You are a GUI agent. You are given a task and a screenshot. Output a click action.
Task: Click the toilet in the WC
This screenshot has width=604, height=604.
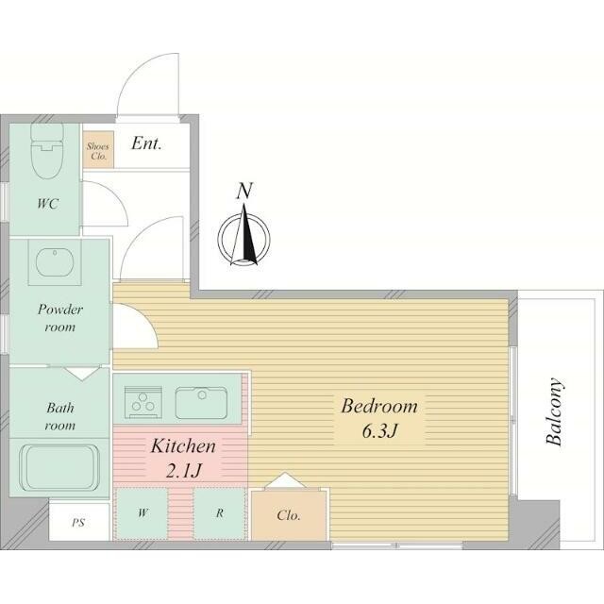(x=46, y=150)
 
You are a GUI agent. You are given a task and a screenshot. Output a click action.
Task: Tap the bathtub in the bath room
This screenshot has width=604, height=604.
(x=59, y=468)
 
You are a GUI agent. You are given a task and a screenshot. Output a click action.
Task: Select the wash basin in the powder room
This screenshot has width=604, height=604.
(x=55, y=262)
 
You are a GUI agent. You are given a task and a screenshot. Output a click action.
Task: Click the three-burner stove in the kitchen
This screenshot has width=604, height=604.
(x=143, y=402)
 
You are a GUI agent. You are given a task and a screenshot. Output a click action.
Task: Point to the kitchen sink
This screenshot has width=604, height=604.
(x=201, y=403)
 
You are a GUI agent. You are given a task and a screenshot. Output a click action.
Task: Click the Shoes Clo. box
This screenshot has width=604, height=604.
(x=98, y=150)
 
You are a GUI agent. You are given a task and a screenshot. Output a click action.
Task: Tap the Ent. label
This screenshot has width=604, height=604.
(x=146, y=143)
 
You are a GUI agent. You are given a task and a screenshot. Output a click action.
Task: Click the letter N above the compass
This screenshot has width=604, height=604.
(x=244, y=191)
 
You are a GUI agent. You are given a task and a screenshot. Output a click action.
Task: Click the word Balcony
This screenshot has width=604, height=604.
(x=554, y=411)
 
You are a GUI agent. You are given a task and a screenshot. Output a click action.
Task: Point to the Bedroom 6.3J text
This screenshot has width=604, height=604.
(x=379, y=418)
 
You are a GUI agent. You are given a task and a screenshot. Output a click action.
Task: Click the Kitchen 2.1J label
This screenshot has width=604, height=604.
(x=183, y=458)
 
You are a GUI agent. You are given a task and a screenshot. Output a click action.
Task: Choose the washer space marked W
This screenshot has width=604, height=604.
(x=143, y=513)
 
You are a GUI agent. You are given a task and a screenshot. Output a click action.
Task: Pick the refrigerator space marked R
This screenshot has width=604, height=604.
(x=220, y=513)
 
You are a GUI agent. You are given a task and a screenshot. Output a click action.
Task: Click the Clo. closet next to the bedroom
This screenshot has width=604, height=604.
(x=289, y=515)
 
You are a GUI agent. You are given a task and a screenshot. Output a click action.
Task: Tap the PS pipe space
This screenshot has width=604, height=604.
(x=79, y=522)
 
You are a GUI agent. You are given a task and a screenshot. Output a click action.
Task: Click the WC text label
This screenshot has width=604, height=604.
(x=48, y=204)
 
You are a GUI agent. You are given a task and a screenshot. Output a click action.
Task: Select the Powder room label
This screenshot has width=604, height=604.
(x=60, y=318)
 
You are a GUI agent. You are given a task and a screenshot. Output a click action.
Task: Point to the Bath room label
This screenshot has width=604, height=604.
(x=60, y=416)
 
